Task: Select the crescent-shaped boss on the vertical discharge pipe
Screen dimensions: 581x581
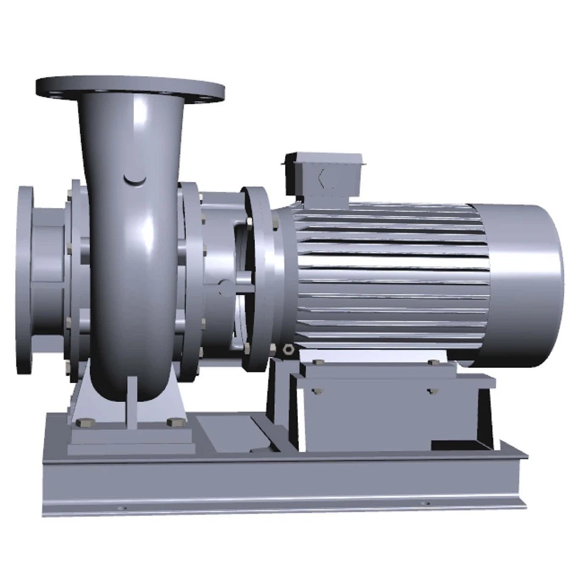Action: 134,180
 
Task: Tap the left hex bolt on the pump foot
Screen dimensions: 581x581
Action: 82,422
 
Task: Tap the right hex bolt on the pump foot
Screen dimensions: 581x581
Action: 177,422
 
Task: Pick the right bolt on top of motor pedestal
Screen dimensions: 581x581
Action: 433,362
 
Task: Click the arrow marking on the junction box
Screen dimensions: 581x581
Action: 321,178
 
